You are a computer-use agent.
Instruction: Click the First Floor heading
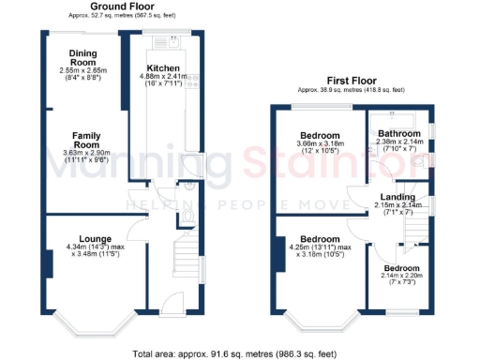click(352, 81)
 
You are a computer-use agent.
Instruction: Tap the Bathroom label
click(398, 134)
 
